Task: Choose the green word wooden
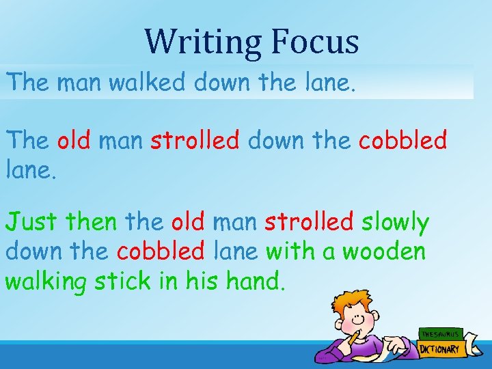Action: click(384, 252)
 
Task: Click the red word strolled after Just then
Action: click(309, 223)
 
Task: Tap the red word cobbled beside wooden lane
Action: click(161, 252)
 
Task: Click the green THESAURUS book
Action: click(440, 334)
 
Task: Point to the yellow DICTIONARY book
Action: click(440, 348)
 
